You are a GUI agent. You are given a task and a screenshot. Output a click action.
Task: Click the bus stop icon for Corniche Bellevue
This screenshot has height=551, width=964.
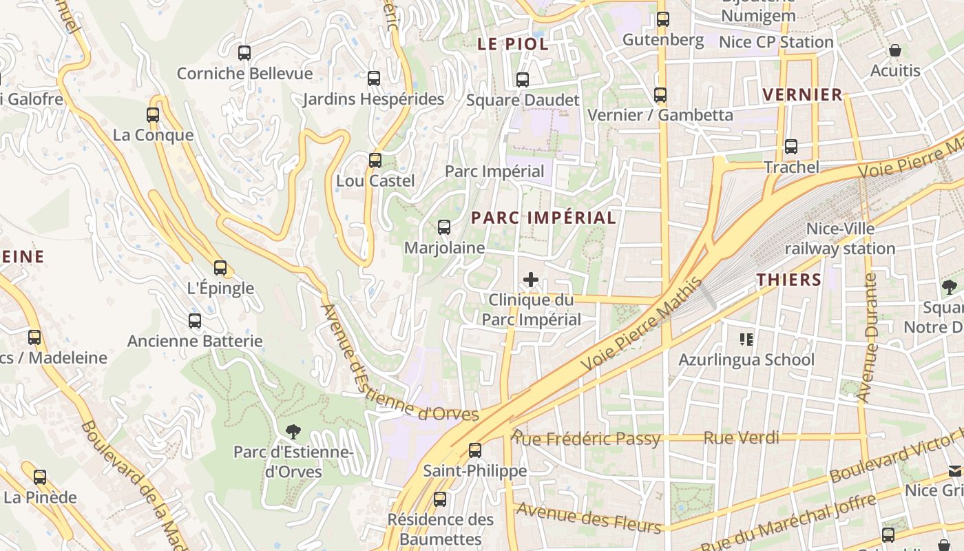coord(244,52)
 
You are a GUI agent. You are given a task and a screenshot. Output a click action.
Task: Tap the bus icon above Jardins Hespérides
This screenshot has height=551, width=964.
coord(374,79)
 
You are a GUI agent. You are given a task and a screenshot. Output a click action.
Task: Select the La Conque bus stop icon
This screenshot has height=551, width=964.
coord(153,115)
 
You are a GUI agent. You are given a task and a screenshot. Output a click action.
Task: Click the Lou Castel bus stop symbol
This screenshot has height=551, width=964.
coord(375,160)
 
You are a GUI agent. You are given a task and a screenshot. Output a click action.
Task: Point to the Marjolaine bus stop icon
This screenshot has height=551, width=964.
coord(444,227)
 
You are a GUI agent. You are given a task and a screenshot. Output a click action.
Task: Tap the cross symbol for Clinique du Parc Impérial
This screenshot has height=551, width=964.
coord(531,280)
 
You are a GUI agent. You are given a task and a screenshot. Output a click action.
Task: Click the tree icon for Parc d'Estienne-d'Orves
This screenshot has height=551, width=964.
coord(293,432)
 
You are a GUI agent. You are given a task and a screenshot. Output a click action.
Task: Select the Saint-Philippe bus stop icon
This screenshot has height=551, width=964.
coord(475,450)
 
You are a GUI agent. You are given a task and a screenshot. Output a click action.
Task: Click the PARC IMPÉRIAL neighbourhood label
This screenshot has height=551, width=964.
coord(543,218)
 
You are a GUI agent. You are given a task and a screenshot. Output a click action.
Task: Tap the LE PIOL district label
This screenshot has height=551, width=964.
coord(513,44)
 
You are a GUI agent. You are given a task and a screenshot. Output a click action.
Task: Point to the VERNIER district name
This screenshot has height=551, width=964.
coord(802,94)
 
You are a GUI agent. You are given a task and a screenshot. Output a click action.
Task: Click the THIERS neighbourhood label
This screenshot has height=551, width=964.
coord(789,280)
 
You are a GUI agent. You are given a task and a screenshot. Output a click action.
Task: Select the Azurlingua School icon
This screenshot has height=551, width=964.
coord(746,339)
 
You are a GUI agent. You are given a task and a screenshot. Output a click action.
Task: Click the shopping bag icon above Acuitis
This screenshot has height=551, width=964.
coord(895,50)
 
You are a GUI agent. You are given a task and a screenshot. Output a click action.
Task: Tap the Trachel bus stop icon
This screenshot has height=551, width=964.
coord(791,147)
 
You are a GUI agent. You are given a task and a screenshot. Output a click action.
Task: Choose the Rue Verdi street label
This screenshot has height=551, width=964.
coord(741,437)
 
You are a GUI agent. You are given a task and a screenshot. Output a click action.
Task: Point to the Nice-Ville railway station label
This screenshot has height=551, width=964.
coord(840,238)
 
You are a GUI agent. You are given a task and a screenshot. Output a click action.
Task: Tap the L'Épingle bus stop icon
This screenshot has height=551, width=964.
coord(220,268)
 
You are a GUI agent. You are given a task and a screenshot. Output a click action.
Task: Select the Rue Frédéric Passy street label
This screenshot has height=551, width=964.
coord(586,438)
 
